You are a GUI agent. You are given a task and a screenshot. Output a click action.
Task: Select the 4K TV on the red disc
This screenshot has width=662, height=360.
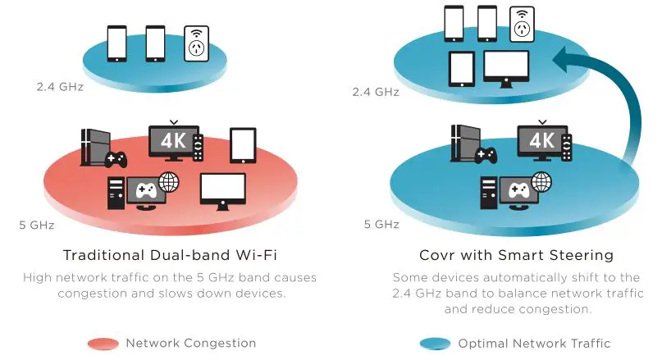(173, 140)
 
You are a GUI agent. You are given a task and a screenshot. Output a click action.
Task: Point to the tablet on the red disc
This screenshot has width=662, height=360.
(243, 145)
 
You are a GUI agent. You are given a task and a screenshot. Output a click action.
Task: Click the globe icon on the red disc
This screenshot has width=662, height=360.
(170, 180)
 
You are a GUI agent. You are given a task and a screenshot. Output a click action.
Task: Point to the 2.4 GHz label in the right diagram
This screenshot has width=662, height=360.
(376, 92)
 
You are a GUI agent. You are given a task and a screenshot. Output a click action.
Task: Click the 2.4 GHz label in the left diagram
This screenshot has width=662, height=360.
(59, 85)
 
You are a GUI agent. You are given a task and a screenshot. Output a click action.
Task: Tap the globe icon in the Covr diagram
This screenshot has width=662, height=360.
(541, 180)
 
